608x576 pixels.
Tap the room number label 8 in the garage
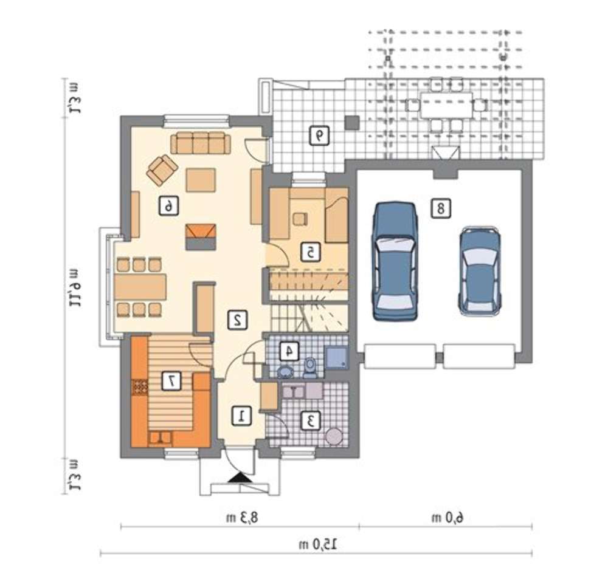click(x=441, y=208)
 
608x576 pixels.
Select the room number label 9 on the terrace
click(x=319, y=135)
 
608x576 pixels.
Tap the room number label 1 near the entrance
click(x=241, y=416)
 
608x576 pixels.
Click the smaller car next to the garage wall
click(x=480, y=271)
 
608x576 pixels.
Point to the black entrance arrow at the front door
click(x=240, y=477)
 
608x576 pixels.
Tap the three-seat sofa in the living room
click(x=201, y=143)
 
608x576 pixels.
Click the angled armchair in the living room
click(x=162, y=170)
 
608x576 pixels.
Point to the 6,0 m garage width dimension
click(x=448, y=518)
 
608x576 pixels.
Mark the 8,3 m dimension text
click(x=242, y=518)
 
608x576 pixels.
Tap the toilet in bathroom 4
click(x=310, y=368)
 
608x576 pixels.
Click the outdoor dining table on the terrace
click(x=446, y=105)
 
